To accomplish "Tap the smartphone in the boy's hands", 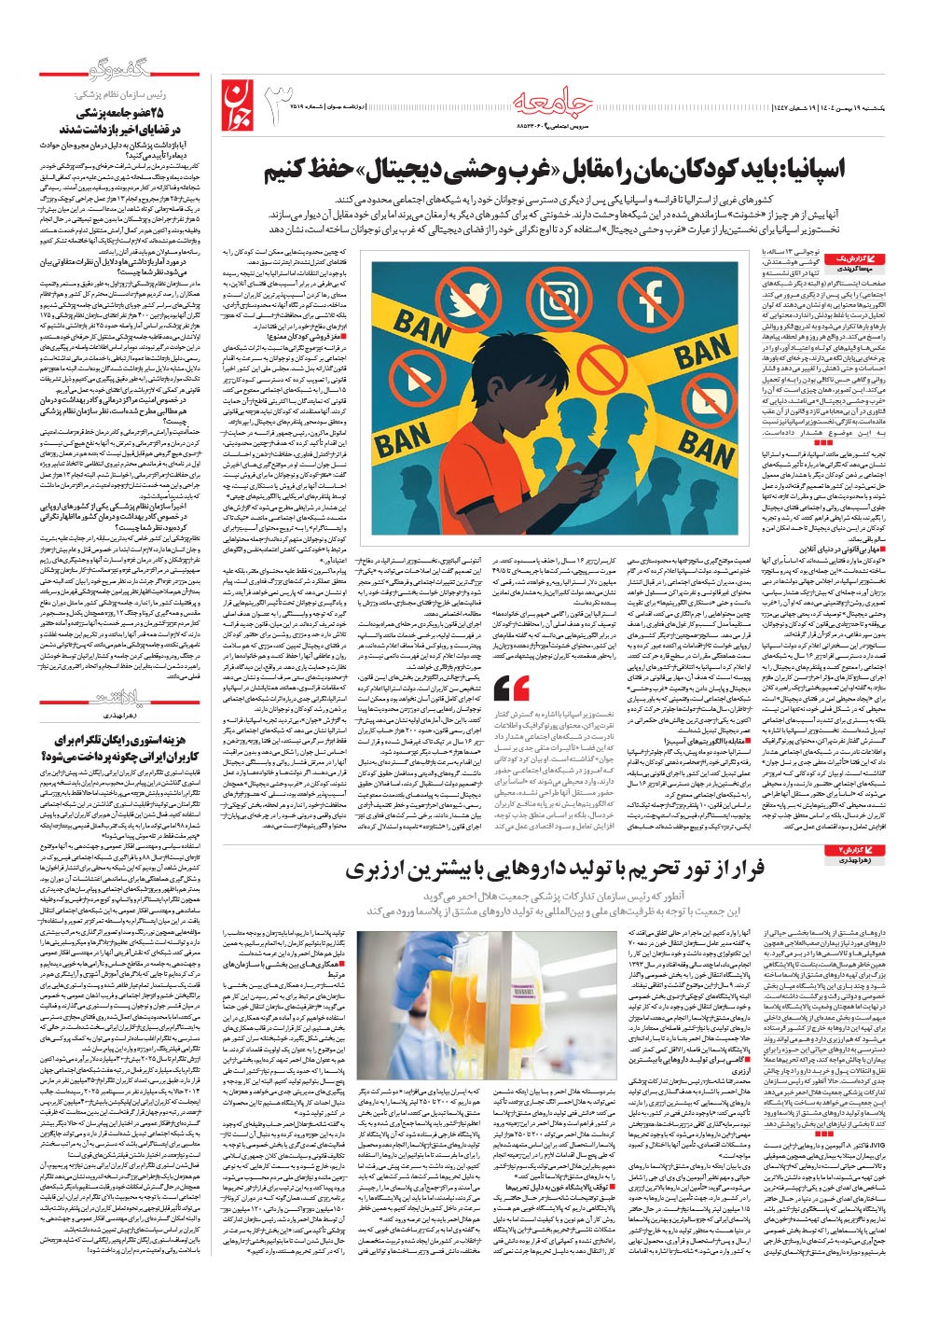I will tap(597, 464).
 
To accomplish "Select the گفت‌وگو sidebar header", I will tap(94, 75).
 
